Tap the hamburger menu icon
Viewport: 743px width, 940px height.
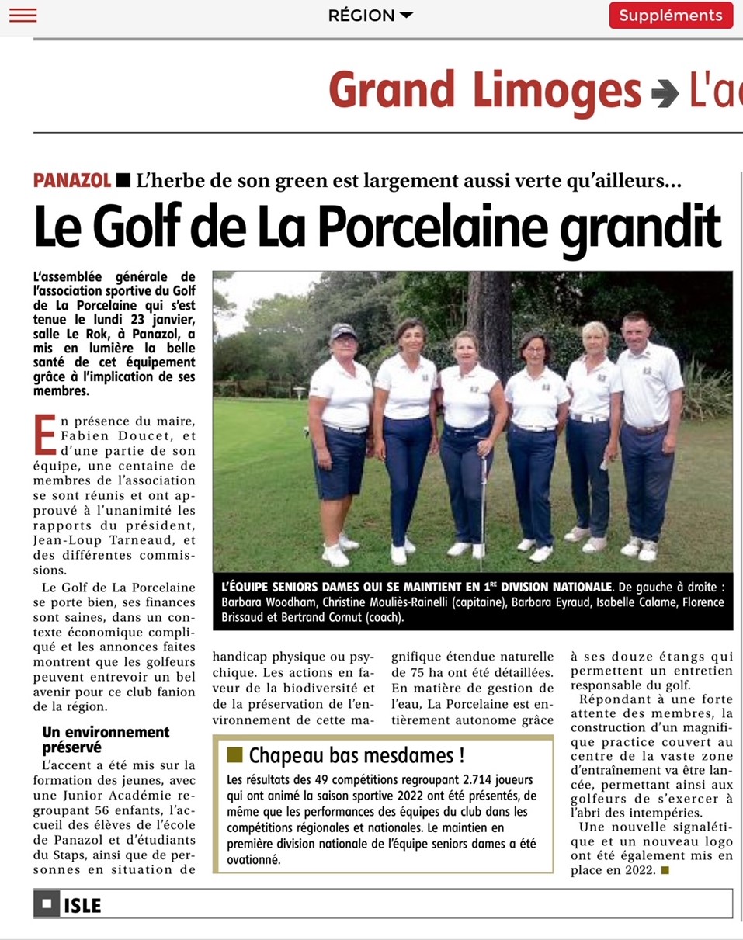click(x=23, y=15)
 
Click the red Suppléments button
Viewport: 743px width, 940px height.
click(x=671, y=15)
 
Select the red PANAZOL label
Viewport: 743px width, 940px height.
click(x=72, y=181)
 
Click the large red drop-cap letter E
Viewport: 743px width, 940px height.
click(x=45, y=434)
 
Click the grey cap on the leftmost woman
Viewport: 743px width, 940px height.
click(x=342, y=331)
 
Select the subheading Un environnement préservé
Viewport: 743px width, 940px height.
click(x=106, y=739)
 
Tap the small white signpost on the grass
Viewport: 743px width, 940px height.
click(x=300, y=393)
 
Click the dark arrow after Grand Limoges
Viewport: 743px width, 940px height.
click(x=665, y=92)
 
